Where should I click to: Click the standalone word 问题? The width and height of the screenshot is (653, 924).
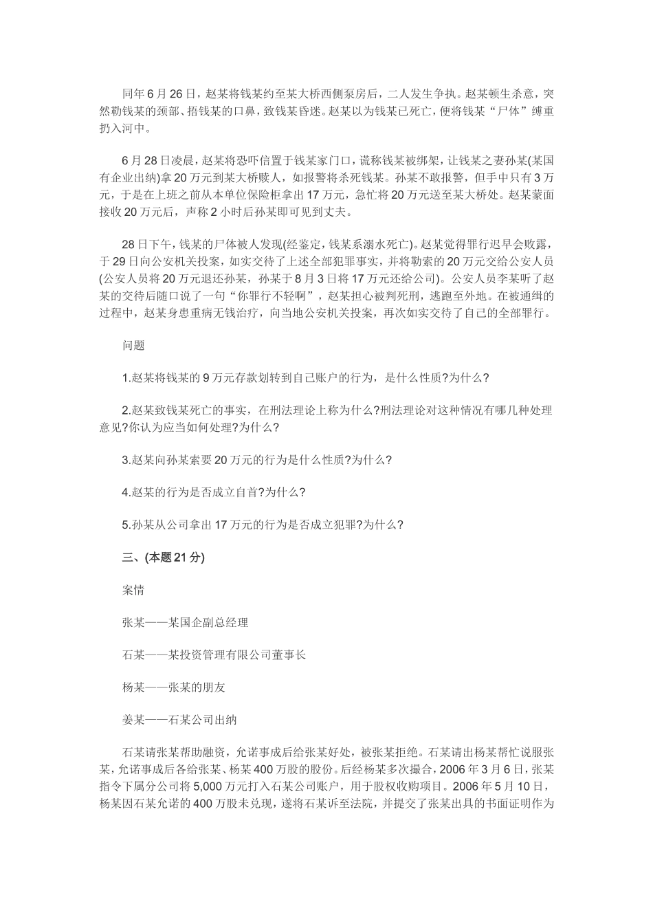(x=133, y=345)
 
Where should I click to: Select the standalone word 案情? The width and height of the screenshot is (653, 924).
(x=133, y=590)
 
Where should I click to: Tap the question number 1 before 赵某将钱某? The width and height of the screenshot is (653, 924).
(x=125, y=377)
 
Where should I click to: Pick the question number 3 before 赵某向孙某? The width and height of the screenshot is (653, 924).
(x=125, y=460)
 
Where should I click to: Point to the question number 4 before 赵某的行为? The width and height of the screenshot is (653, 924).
(x=125, y=492)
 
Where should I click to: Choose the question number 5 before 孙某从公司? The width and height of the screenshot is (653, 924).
(x=125, y=525)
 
